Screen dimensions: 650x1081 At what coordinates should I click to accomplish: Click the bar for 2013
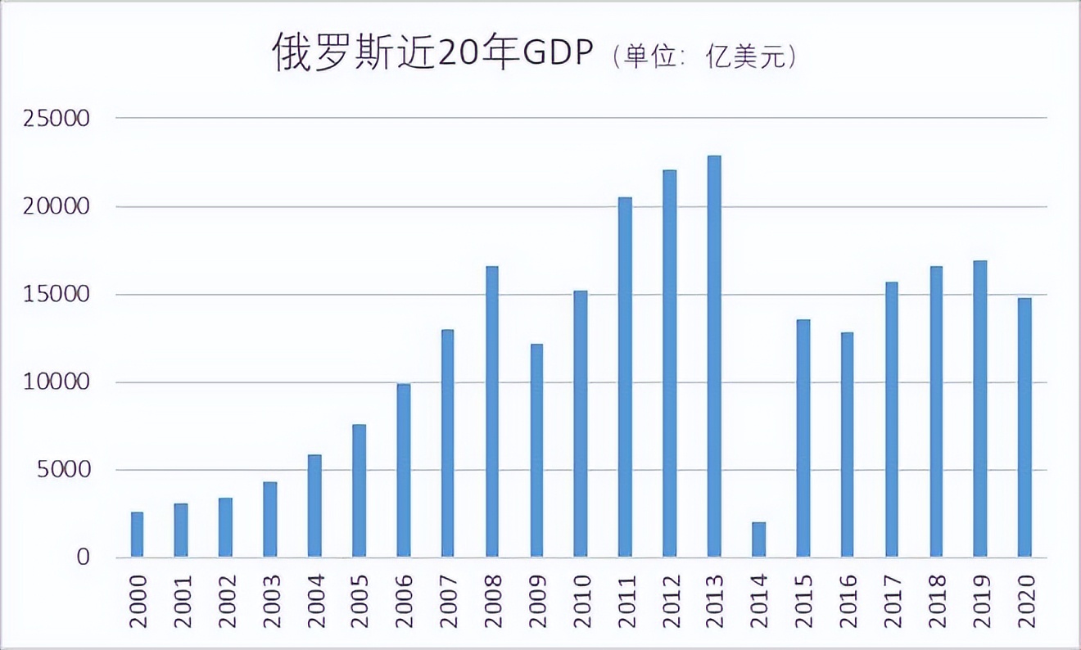click(x=714, y=357)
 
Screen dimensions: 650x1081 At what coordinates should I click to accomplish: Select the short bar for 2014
click(x=758, y=539)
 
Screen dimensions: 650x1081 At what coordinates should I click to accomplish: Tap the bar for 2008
click(x=492, y=412)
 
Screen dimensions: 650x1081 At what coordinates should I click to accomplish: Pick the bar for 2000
click(x=138, y=535)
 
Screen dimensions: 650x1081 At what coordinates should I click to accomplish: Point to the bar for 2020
click(x=1024, y=427)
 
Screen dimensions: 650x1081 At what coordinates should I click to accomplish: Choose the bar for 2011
click(x=625, y=377)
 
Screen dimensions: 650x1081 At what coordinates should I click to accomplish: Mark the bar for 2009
click(x=536, y=450)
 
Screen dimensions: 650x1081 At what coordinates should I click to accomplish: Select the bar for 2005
click(x=359, y=490)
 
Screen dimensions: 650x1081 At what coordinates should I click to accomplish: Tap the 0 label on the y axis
click(x=82, y=557)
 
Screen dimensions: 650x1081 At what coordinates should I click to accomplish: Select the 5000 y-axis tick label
click(x=64, y=470)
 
